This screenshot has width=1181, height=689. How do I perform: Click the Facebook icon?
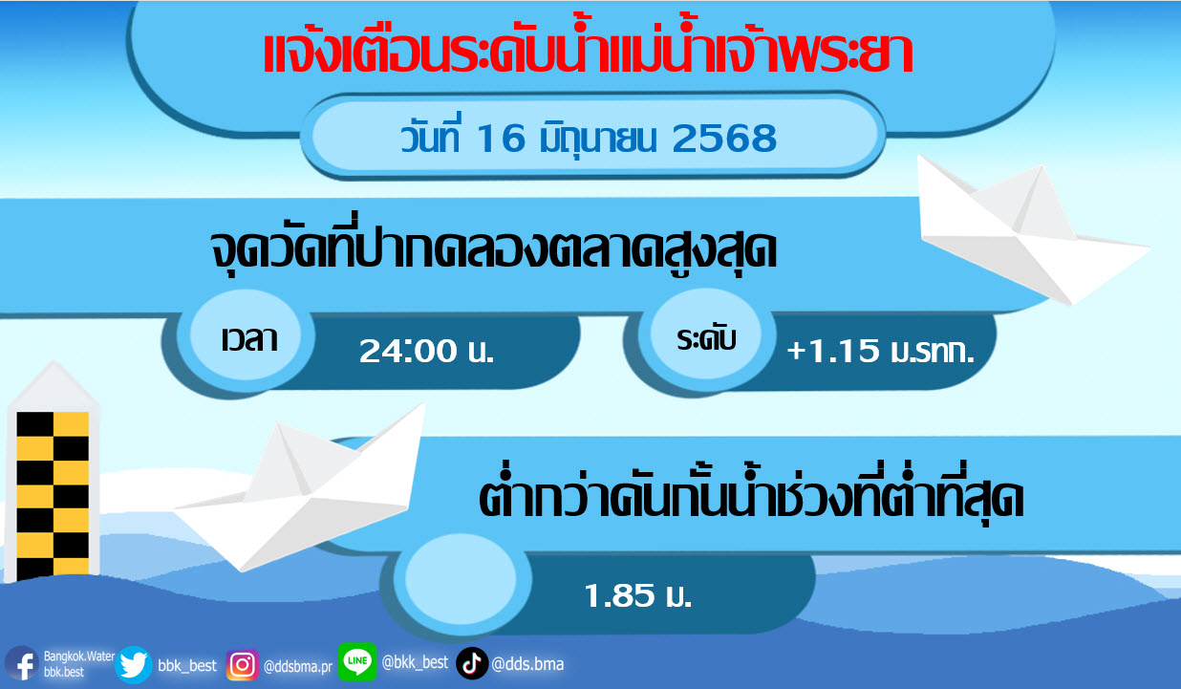21,664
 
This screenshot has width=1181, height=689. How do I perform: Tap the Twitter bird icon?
134,665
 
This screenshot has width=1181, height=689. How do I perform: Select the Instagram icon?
242,665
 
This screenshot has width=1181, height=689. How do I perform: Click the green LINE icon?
357,661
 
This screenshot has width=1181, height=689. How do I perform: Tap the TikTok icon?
471,664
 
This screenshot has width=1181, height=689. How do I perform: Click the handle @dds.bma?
527,664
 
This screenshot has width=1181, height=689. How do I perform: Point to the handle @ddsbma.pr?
298,666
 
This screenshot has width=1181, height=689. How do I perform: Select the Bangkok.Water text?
79,656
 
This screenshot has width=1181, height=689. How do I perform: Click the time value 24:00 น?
426,351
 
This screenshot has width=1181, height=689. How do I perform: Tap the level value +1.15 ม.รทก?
880,351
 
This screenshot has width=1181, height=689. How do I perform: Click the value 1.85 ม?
637,595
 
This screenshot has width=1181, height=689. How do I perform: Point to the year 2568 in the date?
724,139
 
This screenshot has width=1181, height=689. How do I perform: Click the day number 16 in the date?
501,139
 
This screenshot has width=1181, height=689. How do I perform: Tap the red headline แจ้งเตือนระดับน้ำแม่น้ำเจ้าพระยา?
588,53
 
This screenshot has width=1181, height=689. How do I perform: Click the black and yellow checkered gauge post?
53,496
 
